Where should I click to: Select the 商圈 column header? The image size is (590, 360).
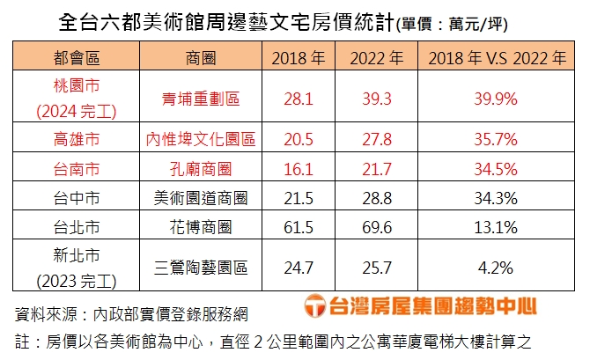point(202,59)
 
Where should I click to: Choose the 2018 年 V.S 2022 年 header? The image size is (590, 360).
point(498,59)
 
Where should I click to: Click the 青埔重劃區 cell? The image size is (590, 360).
point(202,99)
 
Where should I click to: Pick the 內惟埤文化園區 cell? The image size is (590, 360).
point(202,139)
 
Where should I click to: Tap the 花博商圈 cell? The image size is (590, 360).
point(202,227)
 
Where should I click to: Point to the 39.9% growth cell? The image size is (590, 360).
point(498,99)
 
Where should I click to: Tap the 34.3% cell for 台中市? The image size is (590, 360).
point(498,197)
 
